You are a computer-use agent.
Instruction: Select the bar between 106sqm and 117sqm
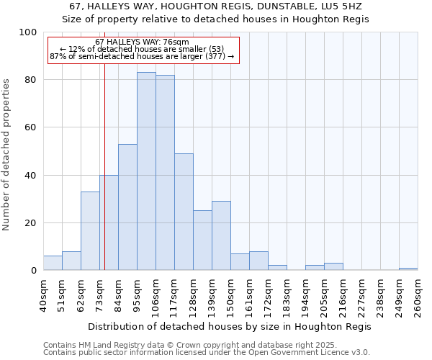click(165, 173)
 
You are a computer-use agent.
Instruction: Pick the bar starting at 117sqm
click(184, 212)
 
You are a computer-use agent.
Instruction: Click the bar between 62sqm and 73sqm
click(90, 230)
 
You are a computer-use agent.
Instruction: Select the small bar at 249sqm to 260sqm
click(408, 269)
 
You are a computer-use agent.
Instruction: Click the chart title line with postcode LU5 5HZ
click(216, 6)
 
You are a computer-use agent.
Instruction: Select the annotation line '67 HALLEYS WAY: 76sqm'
click(142, 42)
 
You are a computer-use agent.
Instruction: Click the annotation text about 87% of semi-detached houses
click(142, 56)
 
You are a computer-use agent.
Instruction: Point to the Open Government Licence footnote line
click(207, 353)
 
